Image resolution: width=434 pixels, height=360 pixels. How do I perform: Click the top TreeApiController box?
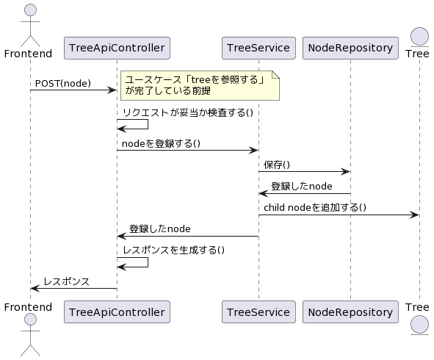pos(117,48)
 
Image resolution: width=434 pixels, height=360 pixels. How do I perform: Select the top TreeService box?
pos(258,48)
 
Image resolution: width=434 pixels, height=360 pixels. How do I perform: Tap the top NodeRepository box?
pos(350,48)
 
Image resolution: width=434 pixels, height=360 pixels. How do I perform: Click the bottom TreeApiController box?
pos(117,312)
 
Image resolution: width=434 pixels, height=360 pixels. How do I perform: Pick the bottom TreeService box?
pos(258,312)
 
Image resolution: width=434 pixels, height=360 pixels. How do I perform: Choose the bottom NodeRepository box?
pos(350,312)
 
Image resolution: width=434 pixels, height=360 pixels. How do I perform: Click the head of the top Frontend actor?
pos(30,10)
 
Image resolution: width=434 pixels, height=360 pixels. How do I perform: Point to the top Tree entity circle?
pos(419,36)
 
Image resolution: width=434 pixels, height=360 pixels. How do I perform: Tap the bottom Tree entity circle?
pos(419,325)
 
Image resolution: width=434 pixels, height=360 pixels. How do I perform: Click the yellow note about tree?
pos(200,85)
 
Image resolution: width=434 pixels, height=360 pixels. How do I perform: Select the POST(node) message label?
pos(63,83)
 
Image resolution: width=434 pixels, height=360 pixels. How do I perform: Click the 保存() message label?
pos(277,165)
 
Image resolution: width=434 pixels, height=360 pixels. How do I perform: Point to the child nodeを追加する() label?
pos(315,207)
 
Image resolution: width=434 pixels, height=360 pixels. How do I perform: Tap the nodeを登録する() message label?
pos(161,143)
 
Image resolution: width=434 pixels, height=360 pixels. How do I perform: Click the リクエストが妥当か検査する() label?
pos(188,112)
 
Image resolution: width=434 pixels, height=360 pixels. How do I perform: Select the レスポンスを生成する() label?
pos(173,250)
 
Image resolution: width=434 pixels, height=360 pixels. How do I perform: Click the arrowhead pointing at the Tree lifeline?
pos(414,215)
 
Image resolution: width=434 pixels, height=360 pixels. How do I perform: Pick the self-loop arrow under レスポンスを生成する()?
pos(148,262)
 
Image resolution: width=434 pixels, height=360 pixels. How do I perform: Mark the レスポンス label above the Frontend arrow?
pos(66,281)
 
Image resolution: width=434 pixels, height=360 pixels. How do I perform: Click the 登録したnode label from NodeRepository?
pos(301,186)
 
